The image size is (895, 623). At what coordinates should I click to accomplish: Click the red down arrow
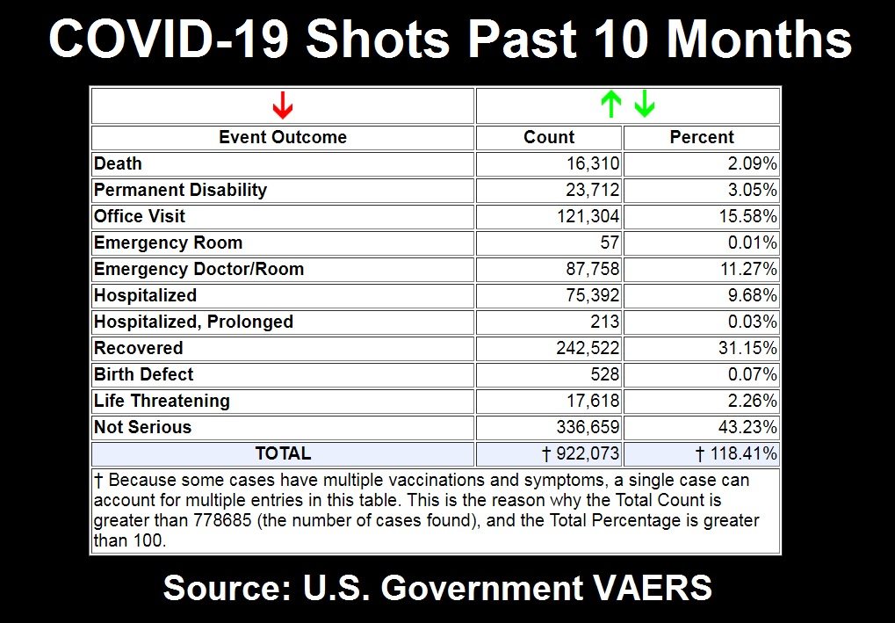point(282,105)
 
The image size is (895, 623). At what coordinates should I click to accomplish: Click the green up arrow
point(610,105)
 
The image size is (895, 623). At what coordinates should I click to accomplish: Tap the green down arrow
point(645,105)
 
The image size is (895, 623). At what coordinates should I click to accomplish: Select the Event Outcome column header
point(283,137)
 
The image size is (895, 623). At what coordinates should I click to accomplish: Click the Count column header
point(549,137)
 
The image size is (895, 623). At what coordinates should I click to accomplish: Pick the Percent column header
point(702,137)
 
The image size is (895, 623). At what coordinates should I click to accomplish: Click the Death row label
point(118,163)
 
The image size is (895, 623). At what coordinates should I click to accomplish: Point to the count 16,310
point(592,163)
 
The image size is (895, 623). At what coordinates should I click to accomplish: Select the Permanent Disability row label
point(180,190)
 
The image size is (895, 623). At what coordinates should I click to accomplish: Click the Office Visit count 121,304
point(588,216)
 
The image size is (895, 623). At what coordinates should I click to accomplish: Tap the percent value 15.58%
point(747,216)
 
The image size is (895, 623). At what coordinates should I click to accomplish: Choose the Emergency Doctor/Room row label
point(198,269)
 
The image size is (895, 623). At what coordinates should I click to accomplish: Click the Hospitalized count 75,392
point(592,295)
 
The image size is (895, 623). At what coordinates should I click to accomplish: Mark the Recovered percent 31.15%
point(747,348)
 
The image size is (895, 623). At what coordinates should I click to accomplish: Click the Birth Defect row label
point(144,374)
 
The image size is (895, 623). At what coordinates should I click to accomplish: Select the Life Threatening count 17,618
point(592,401)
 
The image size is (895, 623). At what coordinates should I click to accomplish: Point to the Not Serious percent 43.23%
point(747,427)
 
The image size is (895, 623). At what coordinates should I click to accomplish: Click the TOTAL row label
point(283,453)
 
